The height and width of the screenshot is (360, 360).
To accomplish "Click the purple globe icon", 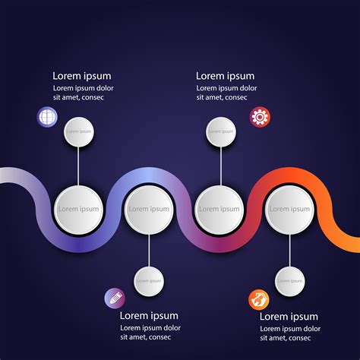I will tap(47, 117).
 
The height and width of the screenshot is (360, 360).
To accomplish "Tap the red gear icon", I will tap(261, 116).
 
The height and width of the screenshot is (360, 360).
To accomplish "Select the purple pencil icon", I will tap(114, 298).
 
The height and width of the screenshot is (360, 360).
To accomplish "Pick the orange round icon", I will tap(259, 299).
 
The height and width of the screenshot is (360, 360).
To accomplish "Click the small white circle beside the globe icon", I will tap(78, 131).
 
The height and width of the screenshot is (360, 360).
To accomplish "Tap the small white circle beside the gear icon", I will tap(221, 131).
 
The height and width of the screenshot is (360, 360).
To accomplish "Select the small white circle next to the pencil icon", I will tap(149, 281).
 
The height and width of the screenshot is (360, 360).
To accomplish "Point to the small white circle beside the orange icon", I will tap(290, 281).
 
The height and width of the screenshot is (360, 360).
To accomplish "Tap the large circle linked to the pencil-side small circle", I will tap(149, 209).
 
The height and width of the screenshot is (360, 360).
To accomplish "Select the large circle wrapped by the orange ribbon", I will tap(289, 209).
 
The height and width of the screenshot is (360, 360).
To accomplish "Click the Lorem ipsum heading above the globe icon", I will tap(82, 76).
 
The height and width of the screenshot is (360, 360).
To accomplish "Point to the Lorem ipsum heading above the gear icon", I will tap(225, 76).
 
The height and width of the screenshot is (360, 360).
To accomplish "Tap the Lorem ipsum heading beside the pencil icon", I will tap(149, 316).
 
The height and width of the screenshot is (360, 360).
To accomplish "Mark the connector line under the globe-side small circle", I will tap(78, 166).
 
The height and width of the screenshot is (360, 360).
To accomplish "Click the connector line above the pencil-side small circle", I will tap(149, 250).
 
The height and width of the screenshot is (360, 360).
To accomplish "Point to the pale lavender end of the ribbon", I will tap(11, 176).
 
